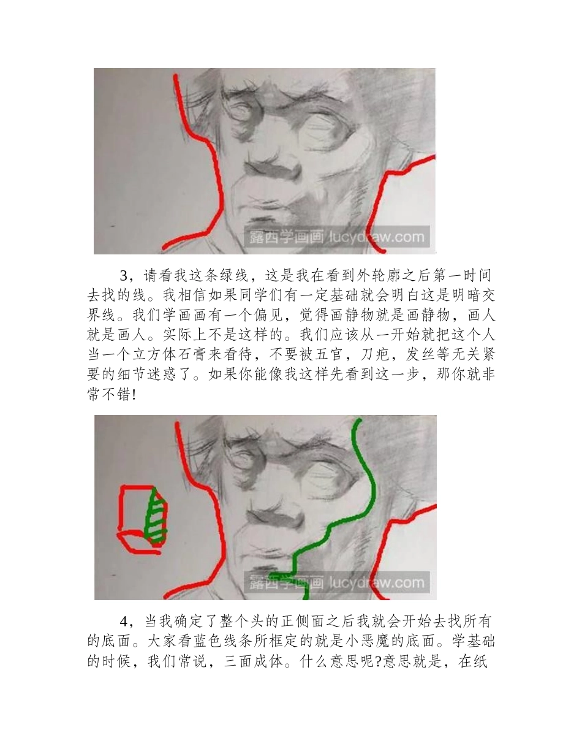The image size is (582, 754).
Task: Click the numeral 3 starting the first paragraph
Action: (123, 275)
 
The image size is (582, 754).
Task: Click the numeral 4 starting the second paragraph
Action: (123, 622)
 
